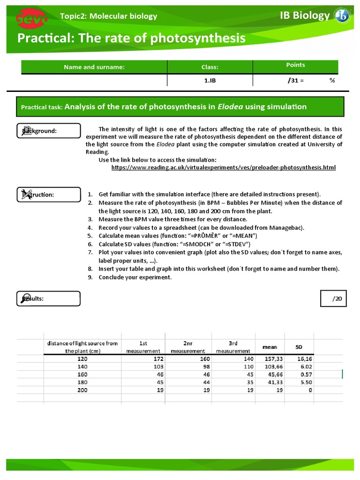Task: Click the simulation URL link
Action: [x=224, y=167]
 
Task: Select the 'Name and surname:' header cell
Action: [x=94, y=67]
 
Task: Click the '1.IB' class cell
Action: [x=210, y=80]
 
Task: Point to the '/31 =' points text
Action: [x=295, y=80]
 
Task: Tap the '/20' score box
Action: [x=334, y=298]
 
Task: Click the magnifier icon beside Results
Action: [x=23, y=298]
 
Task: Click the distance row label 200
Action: [x=82, y=390]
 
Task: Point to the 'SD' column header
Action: [x=299, y=347]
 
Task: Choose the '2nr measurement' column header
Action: [x=187, y=347]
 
